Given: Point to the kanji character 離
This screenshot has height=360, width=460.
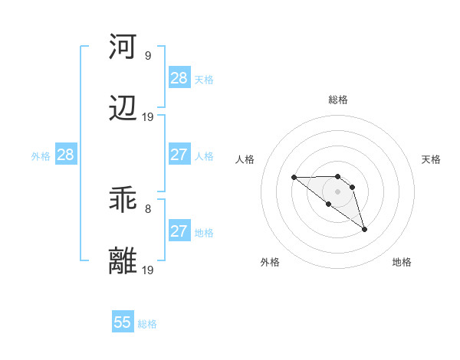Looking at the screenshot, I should point(123,260).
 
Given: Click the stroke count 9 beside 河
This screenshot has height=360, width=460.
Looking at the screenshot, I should point(147,55).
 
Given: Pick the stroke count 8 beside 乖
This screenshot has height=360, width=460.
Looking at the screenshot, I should point(147,208).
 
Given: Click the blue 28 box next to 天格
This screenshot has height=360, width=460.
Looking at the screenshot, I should point(179,78).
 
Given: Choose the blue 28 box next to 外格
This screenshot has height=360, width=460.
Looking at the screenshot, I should point(66,155).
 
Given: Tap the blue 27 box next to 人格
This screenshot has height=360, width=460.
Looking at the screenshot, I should point(179,155).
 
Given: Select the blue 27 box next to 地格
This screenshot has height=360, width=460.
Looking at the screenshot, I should point(179,231).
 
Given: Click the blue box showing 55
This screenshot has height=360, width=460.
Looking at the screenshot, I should point(123,322).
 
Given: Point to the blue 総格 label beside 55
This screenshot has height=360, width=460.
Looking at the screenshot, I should point(147,324).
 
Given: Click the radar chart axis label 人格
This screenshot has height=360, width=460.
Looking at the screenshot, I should point(245,159).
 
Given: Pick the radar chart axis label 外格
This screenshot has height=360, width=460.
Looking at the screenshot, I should point(270,262).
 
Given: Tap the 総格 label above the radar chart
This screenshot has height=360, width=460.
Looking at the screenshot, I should point(337,100).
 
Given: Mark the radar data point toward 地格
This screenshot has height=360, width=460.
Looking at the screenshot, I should point(364,229).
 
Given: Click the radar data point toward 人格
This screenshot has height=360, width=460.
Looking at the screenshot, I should point(294,178).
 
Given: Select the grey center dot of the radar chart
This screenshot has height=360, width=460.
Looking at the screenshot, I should point(337,191).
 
